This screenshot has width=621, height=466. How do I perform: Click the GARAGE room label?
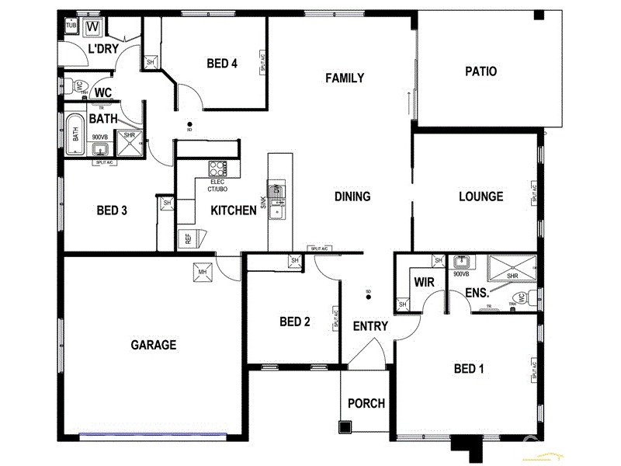pyautogui.click(x=154, y=345)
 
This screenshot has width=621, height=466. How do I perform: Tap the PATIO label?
pyautogui.click(x=480, y=71)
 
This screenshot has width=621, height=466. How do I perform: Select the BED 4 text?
pyautogui.click(x=222, y=64)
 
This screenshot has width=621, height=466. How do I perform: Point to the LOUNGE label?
pyautogui.click(x=480, y=196)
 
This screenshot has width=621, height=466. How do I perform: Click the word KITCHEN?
pyautogui.click(x=234, y=210)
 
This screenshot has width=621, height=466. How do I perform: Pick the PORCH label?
pyautogui.click(x=366, y=403)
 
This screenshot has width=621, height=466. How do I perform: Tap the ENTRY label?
pyautogui.click(x=369, y=326)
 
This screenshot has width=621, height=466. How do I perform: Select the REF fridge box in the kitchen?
pyautogui.click(x=187, y=238)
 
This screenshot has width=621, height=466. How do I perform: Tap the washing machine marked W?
pyautogui.click(x=94, y=27)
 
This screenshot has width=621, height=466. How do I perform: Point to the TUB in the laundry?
pyautogui.click(x=71, y=26)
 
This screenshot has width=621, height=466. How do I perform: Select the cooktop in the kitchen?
pyautogui.click(x=217, y=168)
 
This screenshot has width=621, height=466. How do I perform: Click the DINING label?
pyautogui.click(x=352, y=196)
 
